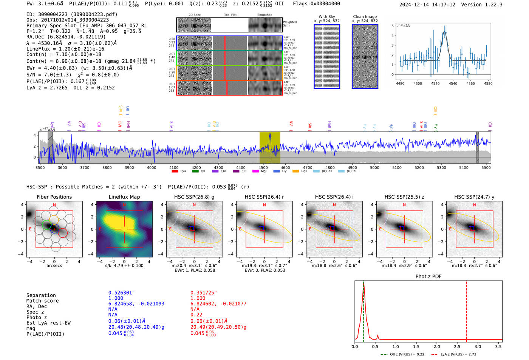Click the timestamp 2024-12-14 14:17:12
tap(427, 5)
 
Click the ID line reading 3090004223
tap(72, 14)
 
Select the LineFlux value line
tap(65, 49)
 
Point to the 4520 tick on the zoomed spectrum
tap(435, 83)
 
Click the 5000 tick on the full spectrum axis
tap(374, 167)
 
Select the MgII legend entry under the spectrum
tap(260, 171)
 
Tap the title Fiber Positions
tap(54, 197)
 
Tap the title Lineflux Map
tap(124, 197)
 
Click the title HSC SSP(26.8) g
tap(194, 197)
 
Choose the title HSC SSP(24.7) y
tap(474, 197)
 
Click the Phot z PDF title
tap(428, 277)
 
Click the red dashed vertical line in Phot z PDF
tap(467, 310)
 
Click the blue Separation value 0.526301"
tap(121, 293)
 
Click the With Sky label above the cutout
tap(326, 17)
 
